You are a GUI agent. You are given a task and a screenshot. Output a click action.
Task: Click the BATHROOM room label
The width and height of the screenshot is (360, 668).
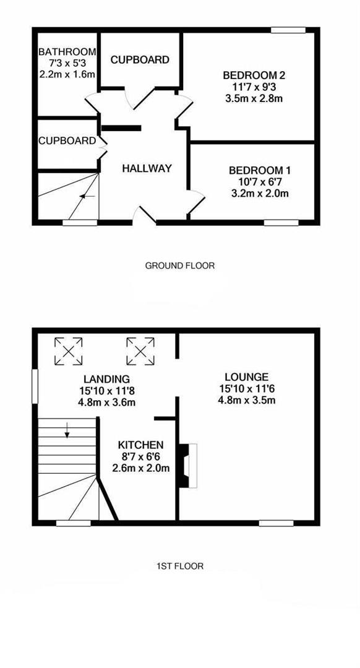[67, 52]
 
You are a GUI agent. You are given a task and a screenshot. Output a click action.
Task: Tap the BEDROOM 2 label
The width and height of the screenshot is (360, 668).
[254, 75]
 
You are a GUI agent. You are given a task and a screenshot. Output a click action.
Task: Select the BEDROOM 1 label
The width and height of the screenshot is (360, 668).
[260, 170]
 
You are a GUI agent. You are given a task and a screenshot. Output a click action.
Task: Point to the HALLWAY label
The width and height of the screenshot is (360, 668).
[147, 168]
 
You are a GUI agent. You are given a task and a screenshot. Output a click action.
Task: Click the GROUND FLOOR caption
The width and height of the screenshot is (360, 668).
[179, 266]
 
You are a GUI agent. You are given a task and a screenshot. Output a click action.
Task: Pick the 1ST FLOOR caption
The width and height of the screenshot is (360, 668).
[180, 565]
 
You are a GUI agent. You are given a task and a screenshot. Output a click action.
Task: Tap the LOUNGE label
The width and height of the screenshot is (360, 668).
[246, 377]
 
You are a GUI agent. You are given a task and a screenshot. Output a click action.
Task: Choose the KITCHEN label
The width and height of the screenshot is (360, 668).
[141, 445]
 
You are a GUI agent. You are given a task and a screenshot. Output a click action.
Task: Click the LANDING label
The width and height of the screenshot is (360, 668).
[106, 379]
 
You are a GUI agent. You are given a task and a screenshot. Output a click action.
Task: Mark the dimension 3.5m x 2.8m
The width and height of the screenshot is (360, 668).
[254, 98]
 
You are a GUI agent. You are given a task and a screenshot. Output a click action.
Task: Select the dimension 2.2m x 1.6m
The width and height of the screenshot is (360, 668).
[67, 74]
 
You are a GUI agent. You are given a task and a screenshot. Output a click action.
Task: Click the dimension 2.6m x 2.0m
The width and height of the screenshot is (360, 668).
[141, 468]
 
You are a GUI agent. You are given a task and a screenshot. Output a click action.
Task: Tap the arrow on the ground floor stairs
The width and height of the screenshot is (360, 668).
[87, 196]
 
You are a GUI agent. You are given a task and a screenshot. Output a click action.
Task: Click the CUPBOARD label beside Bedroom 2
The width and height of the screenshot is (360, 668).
[140, 60]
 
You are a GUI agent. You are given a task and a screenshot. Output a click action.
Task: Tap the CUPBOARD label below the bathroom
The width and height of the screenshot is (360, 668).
[67, 141]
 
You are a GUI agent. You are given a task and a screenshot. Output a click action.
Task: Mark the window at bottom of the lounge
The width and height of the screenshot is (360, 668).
[276, 523]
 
